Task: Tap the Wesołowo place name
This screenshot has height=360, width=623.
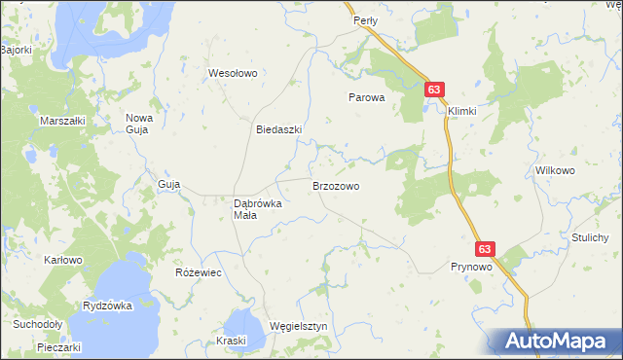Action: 232,73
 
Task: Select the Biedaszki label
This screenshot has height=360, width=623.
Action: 278,129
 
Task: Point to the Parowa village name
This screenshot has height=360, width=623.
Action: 367,97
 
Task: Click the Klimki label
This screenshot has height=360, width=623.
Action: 462,111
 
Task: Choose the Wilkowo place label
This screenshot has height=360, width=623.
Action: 555,169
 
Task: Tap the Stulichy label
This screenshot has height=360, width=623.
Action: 590,237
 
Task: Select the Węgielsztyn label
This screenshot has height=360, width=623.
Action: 299,326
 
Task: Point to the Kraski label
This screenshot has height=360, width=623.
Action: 232,341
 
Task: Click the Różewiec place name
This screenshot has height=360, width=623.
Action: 199,272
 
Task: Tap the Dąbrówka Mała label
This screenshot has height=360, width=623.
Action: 257,209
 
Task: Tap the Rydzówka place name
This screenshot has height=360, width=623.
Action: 107,306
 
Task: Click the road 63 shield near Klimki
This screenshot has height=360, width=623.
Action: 434,90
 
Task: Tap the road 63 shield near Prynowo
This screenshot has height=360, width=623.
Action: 487,249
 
